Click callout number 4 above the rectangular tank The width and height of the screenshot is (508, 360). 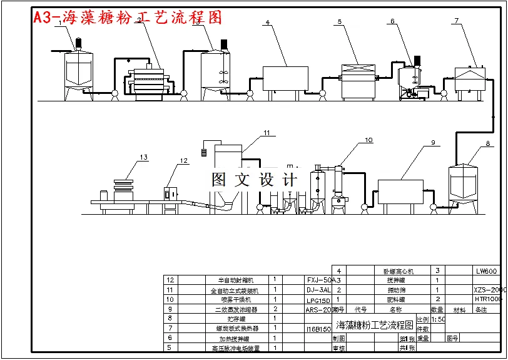tap(267, 23)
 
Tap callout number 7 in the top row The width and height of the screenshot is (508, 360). tap(457, 21)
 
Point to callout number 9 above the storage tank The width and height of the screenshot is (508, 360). tap(432, 143)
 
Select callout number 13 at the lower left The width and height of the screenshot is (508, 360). tap(144, 157)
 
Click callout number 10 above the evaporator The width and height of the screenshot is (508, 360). tap(368, 140)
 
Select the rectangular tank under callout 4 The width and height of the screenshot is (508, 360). tap(284, 78)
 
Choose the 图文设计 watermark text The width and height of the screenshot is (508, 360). tap(253, 180)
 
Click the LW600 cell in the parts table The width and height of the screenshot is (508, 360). tap(486, 271)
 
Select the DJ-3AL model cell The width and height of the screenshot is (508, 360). tap(319, 291)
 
